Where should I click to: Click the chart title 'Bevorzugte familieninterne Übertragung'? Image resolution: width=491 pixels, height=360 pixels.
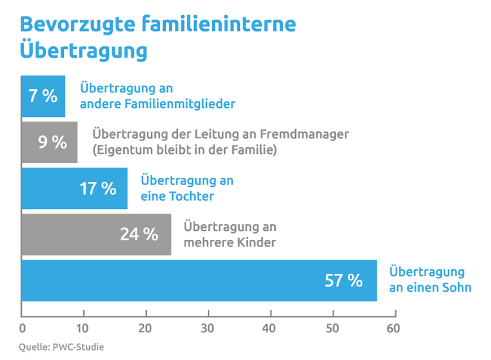pyautogui.click(x=157, y=37)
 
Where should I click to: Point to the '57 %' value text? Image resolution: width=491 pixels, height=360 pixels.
pyautogui.click(x=343, y=280)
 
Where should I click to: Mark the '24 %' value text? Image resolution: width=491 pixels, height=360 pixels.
pyautogui.click(x=139, y=234)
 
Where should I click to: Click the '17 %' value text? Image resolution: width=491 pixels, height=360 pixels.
pyautogui.click(x=98, y=188)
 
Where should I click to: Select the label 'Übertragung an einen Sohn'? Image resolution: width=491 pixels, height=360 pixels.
pyautogui.click(x=430, y=280)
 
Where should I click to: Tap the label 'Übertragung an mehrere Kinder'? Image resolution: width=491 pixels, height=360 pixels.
pyautogui.click(x=230, y=234)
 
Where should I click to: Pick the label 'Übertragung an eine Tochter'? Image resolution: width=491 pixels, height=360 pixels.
pyautogui.click(x=187, y=188)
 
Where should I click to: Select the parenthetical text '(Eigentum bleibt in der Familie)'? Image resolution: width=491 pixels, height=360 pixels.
pyautogui.click(x=185, y=151)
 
